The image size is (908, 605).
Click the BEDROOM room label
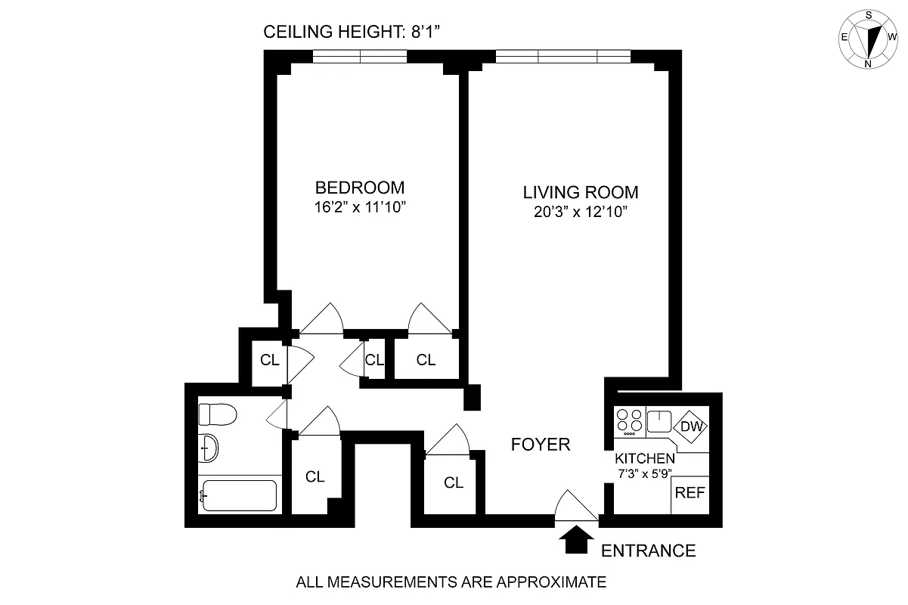359,188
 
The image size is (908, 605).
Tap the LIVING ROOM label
580,192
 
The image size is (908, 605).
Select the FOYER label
540,445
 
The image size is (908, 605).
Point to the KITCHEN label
644,459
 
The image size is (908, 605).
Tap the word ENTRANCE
648,551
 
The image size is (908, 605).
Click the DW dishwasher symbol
690,427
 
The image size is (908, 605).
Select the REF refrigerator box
690,493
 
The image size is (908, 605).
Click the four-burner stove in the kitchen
629,422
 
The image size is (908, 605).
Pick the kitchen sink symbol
659,420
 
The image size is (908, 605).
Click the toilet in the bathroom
216,414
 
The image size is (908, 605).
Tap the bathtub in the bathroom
238,496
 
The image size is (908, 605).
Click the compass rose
869,38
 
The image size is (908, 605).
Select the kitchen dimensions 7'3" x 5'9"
644,474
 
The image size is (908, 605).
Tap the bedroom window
360,57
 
